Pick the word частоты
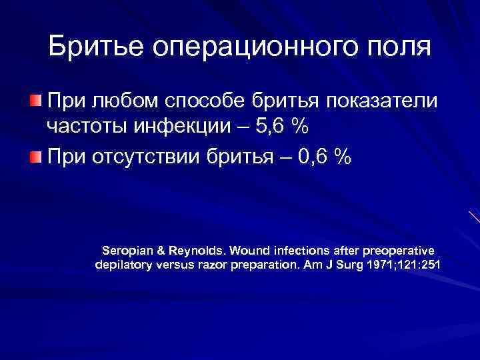pos(85,127)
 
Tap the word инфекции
pos(187,127)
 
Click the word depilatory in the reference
pos(125,265)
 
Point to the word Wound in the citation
pos(250,250)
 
